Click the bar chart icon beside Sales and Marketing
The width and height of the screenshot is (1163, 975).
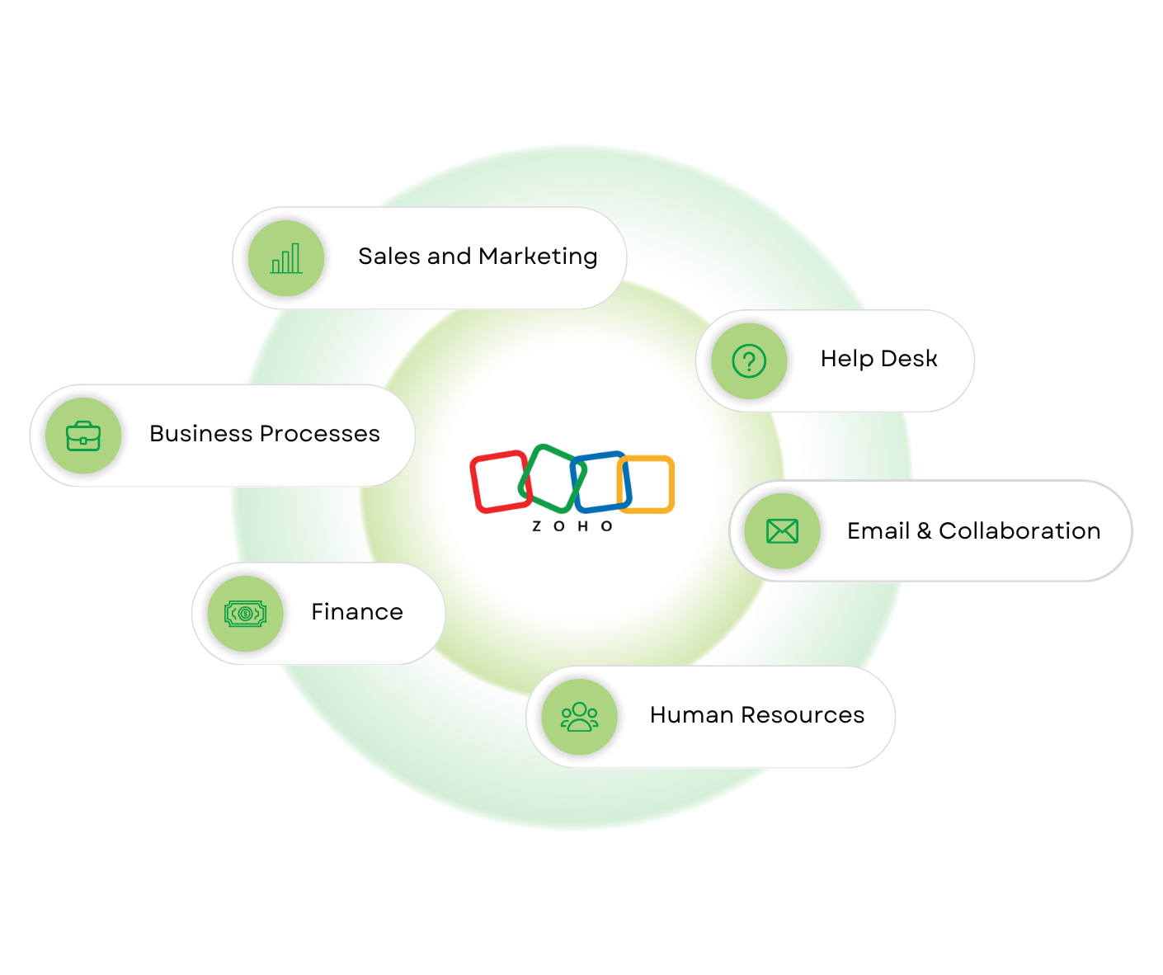point(286,258)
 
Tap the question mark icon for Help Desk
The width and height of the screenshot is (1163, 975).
point(749,361)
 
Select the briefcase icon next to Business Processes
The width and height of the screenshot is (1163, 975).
point(83,436)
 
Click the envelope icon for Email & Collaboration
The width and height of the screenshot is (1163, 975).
point(782,531)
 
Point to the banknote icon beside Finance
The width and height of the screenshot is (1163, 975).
point(245,614)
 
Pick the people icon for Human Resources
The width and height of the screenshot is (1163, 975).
point(579,716)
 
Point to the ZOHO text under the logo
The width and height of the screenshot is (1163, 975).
point(572,526)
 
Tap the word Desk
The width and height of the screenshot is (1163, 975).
point(909,359)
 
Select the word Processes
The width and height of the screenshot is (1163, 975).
point(320,434)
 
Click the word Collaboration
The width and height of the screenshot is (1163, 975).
point(1019,531)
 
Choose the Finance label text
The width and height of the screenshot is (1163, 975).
point(357,612)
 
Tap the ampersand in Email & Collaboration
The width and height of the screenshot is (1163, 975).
point(924,531)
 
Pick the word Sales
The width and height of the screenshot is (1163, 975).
point(389,257)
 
